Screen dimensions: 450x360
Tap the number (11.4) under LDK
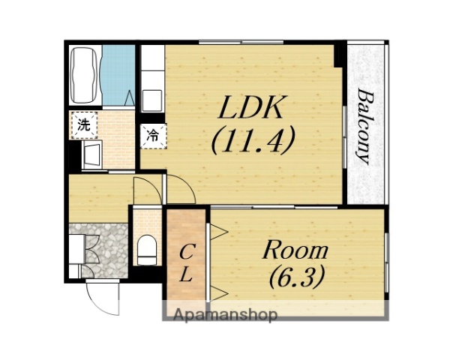(253, 139)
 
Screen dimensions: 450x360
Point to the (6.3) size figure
(297, 277)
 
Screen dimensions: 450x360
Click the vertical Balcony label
(364, 127)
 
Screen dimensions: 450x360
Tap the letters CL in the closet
(186, 262)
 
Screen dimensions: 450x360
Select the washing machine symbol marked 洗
(84, 125)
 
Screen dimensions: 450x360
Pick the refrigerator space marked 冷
(153, 136)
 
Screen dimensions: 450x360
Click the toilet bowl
(147, 250)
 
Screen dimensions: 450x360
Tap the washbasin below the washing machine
(92, 155)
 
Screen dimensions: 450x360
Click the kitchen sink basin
(152, 99)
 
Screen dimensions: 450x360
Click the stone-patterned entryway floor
(107, 250)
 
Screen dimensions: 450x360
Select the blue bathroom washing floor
(118, 75)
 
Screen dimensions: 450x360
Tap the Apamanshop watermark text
(226, 315)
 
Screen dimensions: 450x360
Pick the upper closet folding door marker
(219, 232)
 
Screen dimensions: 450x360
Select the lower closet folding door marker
(219, 294)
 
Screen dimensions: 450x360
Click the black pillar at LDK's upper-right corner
(340, 55)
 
